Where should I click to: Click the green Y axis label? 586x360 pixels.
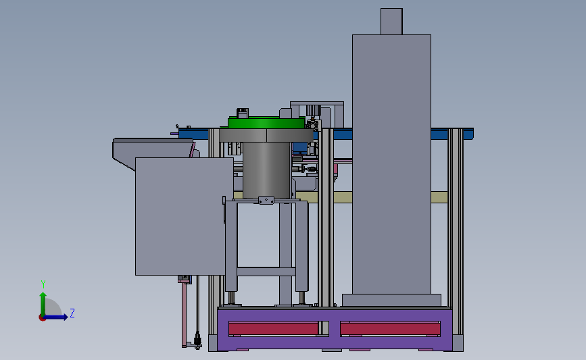coord(43,284)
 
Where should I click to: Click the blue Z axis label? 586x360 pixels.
coord(72,313)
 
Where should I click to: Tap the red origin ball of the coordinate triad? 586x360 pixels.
coord(42,317)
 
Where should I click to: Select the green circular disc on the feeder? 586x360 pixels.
coord(266,122)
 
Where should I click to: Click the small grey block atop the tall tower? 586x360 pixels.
coord(391,22)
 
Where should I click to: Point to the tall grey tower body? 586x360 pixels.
coord(391,164)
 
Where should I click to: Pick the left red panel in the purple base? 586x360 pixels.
coord(273,329)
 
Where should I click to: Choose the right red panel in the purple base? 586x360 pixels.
coord(390,329)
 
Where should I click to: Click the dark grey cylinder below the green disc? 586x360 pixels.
coord(266,170)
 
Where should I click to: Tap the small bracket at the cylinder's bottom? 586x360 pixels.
coord(266,200)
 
